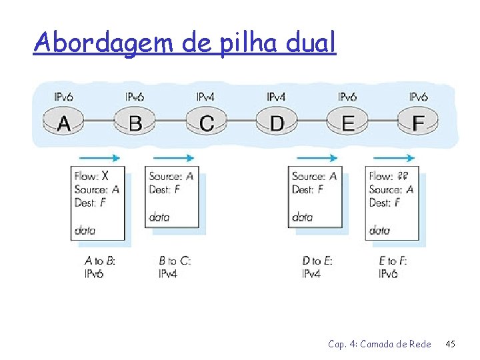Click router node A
pyautogui.click(x=64, y=122)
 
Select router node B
pyautogui.click(x=135, y=122)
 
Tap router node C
pyautogui.click(x=206, y=122)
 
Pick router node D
pyautogui.click(x=277, y=122)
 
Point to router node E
pyautogui.click(x=347, y=122)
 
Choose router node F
pyautogui.click(x=418, y=122)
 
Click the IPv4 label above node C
pyautogui.click(x=205, y=97)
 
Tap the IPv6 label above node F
pyautogui.click(x=418, y=97)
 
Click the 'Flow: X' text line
pyautogui.click(x=91, y=176)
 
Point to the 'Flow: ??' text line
pyautogui.click(x=389, y=176)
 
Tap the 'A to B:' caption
pyautogui.click(x=100, y=261)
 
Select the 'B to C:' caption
pyautogui.click(x=175, y=261)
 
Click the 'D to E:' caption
pyautogui.click(x=317, y=261)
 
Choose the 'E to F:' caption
pyautogui.click(x=393, y=261)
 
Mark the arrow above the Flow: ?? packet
pyautogui.click(x=394, y=158)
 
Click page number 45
pyautogui.click(x=450, y=345)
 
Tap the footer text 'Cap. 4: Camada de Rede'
pyautogui.click(x=379, y=345)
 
